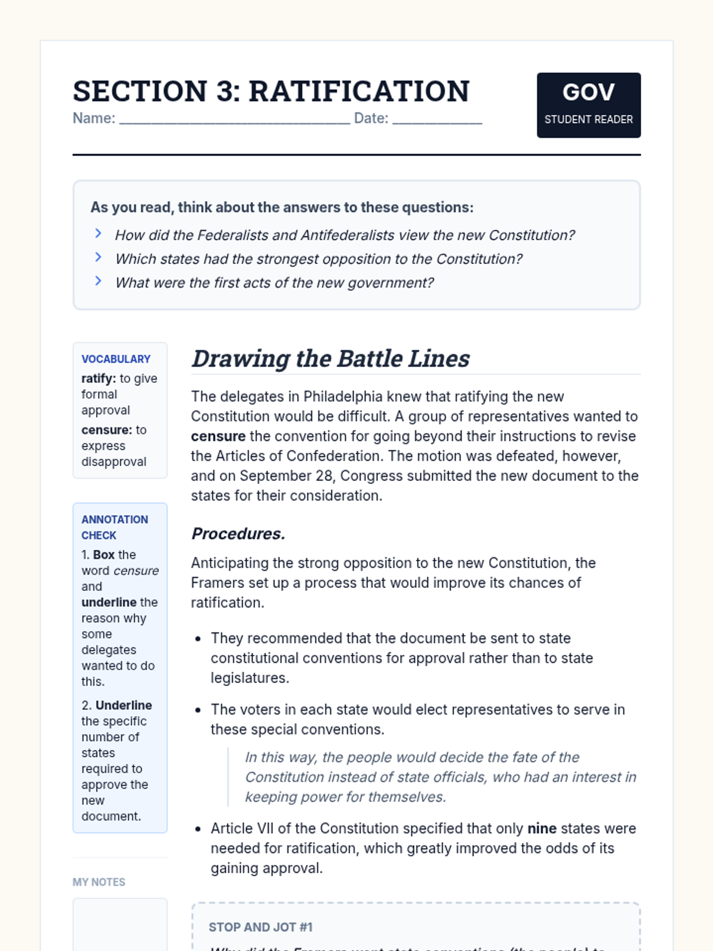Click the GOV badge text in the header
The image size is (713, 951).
(x=588, y=92)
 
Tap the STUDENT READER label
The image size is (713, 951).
(x=588, y=119)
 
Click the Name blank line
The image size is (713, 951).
(x=235, y=121)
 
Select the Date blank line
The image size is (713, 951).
(x=437, y=121)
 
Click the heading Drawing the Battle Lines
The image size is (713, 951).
(x=330, y=359)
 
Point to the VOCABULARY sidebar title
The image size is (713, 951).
(x=116, y=359)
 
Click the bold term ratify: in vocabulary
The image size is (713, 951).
(x=99, y=379)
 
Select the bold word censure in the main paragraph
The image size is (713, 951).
(x=218, y=436)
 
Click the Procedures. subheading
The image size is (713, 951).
(x=238, y=534)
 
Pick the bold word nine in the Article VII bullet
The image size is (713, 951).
(x=542, y=829)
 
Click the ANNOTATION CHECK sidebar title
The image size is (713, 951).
(x=115, y=527)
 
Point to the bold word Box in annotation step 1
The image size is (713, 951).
(x=104, y=555)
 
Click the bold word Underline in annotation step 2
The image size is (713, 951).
(x=124, y=706)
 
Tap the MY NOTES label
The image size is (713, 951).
(x=99, y=882)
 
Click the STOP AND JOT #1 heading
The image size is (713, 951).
(x=260, y=927)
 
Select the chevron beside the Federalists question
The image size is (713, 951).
(x=99, y=234)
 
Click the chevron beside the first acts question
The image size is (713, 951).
(x=99, y=281)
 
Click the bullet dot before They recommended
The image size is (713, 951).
(x=198, y=639)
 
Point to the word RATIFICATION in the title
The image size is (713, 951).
(x=359, y=91)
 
